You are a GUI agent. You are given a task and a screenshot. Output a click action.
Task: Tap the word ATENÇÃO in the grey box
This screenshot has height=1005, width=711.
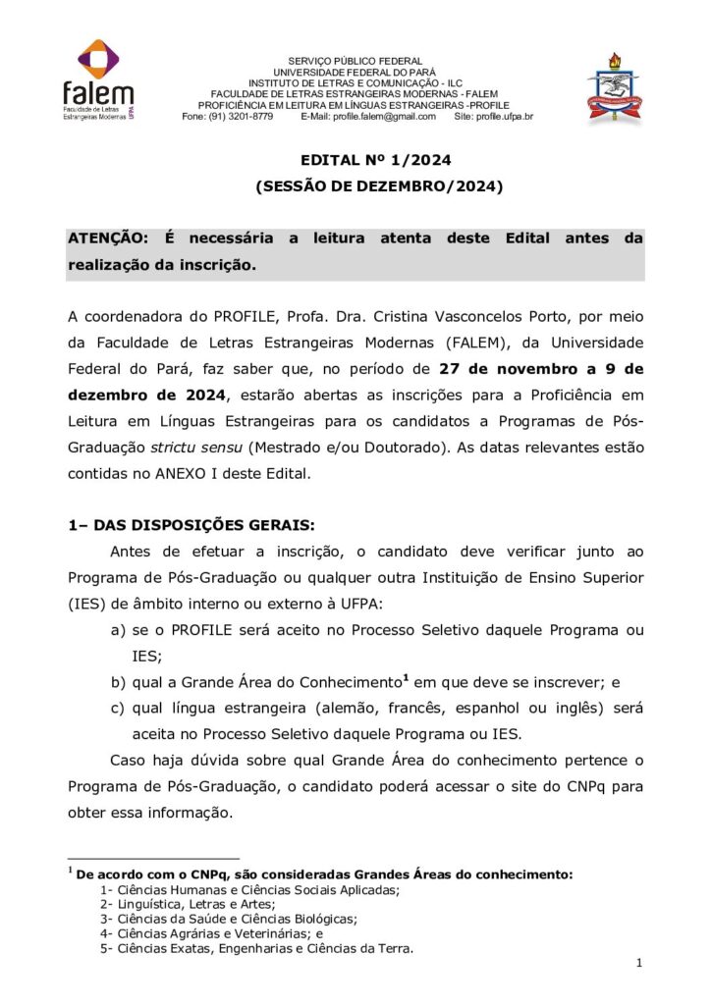click(x=107, y=238)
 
